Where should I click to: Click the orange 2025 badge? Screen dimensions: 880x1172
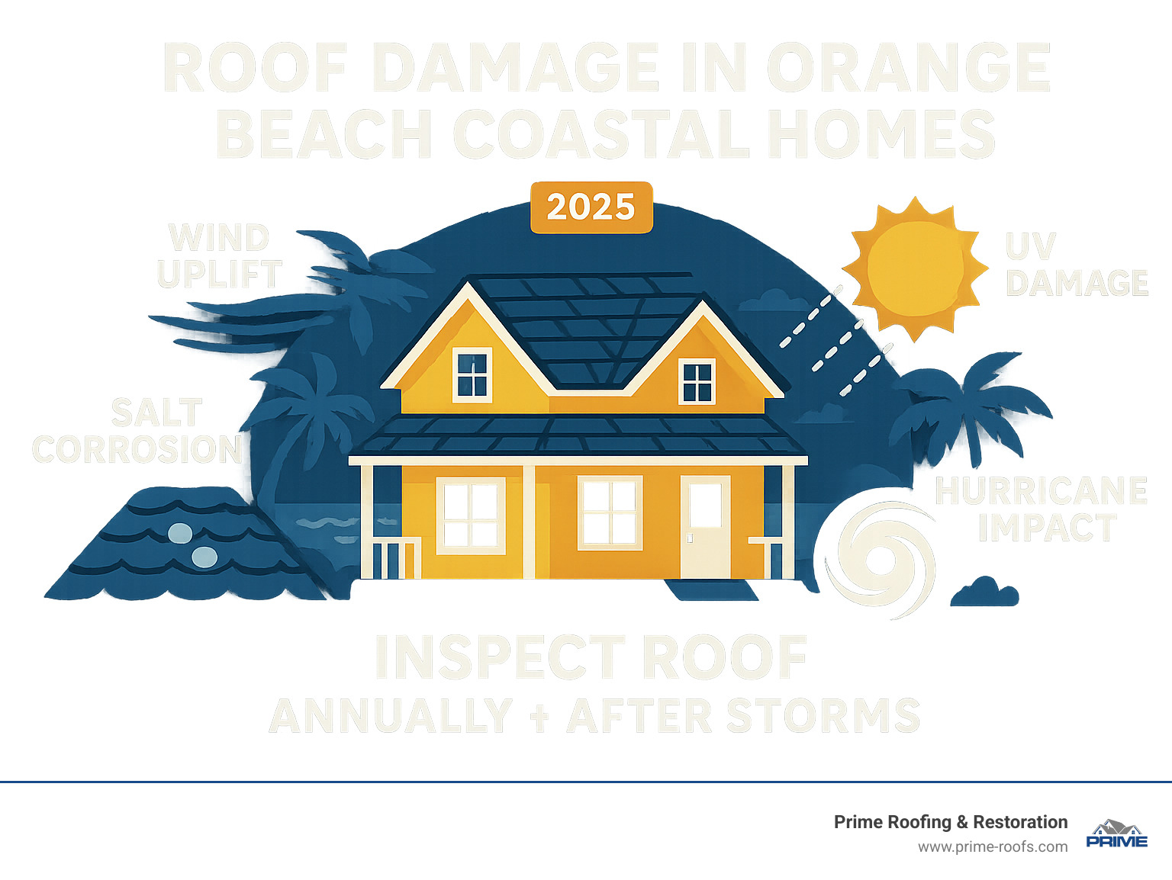(591, 207)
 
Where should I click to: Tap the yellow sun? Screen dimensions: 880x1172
(914, 267)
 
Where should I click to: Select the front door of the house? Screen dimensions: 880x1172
(705, 526)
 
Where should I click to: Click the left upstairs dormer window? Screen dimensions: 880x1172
(472, 374)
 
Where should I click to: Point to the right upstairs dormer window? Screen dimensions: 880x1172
(697, 381)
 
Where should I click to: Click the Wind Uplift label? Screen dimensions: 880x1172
(220, 256)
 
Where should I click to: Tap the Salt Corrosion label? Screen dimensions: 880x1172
(137, 432)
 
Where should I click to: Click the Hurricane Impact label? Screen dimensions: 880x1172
(1042, 509)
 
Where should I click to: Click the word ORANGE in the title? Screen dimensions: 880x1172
(908, 69)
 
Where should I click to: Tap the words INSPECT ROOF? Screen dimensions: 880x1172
(591, 657)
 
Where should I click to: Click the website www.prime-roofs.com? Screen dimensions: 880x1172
(992, 847)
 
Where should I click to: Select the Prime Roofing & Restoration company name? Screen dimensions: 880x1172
(950, 822)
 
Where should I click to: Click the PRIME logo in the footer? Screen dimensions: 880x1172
(1116, 834)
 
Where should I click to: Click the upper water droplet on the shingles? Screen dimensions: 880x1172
(180, 533)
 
